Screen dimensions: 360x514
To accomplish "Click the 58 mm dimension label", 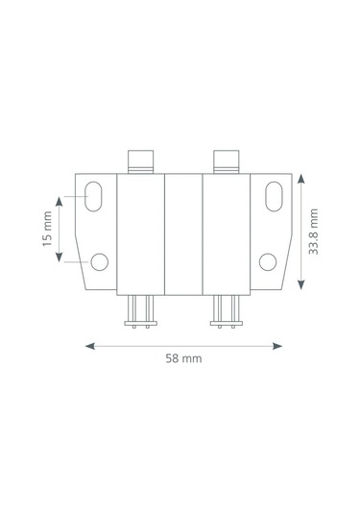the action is point(183,358).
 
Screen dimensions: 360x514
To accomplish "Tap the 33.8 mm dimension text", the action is point(314,232).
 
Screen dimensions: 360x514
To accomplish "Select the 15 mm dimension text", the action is point(47,229).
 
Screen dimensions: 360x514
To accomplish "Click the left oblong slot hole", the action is point(93,196).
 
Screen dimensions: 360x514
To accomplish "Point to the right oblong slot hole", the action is point(274,196).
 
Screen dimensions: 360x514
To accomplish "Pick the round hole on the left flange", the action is point(99,262).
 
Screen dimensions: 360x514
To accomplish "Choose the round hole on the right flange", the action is point(268,262).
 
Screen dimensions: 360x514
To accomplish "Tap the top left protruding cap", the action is point(140,161).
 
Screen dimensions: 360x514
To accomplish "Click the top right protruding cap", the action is point(226,161).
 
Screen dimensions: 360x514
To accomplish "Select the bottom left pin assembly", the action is point(140,311).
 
